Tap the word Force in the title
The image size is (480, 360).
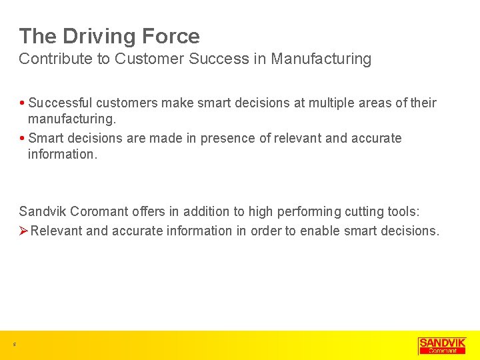171,36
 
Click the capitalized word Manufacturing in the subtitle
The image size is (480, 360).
322,59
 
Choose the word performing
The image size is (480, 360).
308,212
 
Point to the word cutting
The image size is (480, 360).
363,212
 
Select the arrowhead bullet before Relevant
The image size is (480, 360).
23,231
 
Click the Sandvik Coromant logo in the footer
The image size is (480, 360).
442,345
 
